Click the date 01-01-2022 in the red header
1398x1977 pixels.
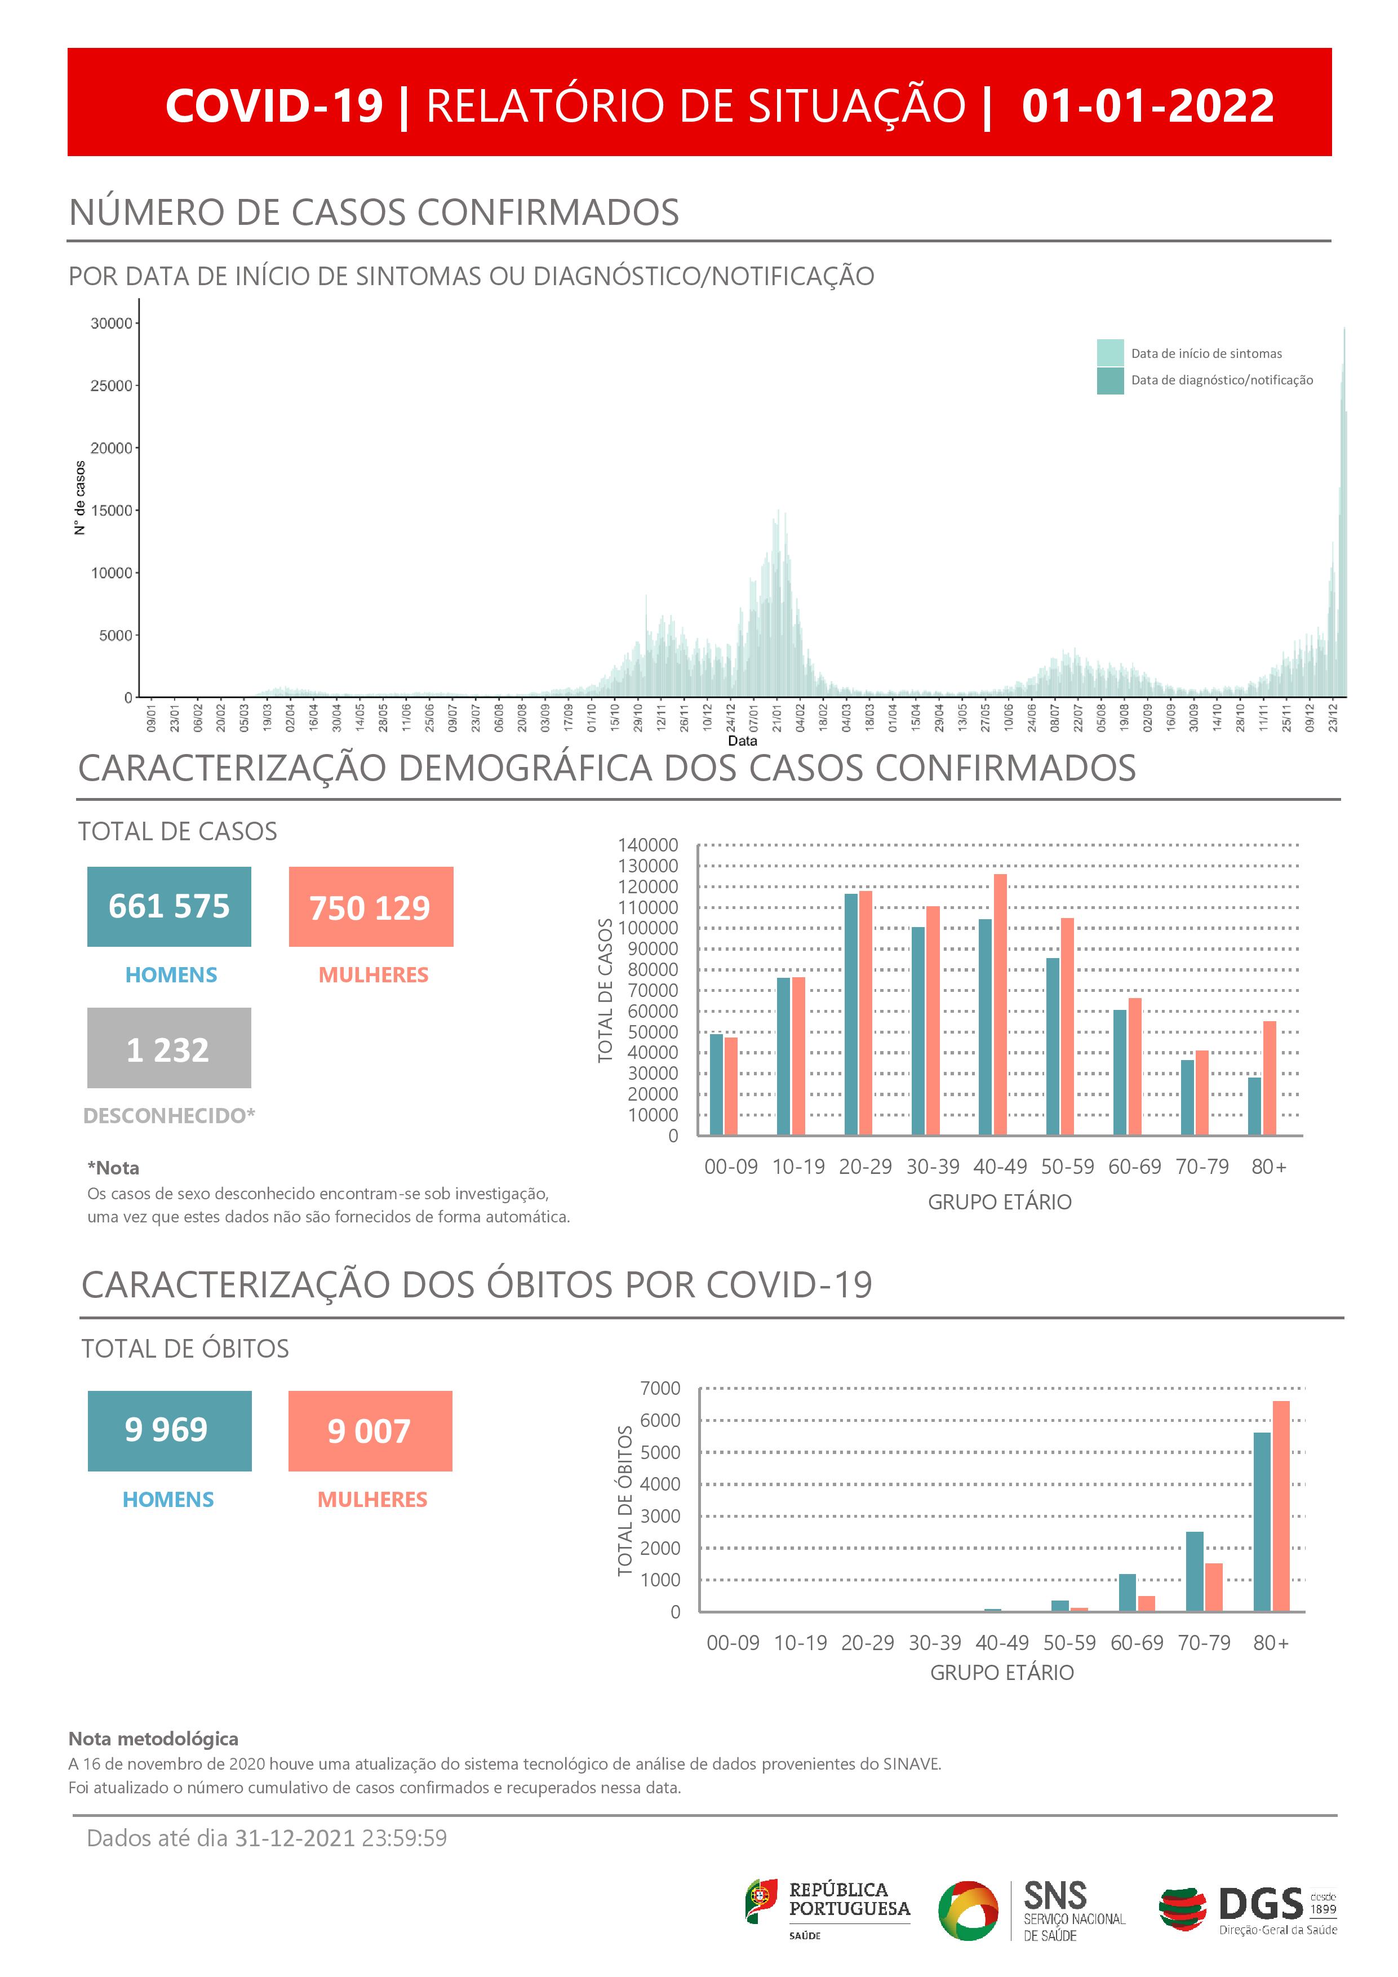(1147, 106)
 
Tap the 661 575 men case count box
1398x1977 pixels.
(168, 907)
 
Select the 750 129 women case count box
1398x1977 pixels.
(370, 907)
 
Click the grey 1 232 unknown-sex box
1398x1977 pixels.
(168, 1048)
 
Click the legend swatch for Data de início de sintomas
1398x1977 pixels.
(1109, 353)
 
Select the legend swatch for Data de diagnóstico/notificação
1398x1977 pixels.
(1109, 380)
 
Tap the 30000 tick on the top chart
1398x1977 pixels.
(112, 323)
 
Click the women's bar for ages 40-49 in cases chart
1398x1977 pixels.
(1000, 1005)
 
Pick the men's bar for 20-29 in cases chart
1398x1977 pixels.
(850, 1014)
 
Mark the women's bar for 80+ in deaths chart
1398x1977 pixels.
(1281, 1505)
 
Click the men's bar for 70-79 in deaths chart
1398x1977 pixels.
(1195, 1571)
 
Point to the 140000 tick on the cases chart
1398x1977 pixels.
(647, 845)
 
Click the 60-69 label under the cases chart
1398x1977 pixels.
(1135, 1167)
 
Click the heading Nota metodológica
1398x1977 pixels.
(153, 1739)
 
